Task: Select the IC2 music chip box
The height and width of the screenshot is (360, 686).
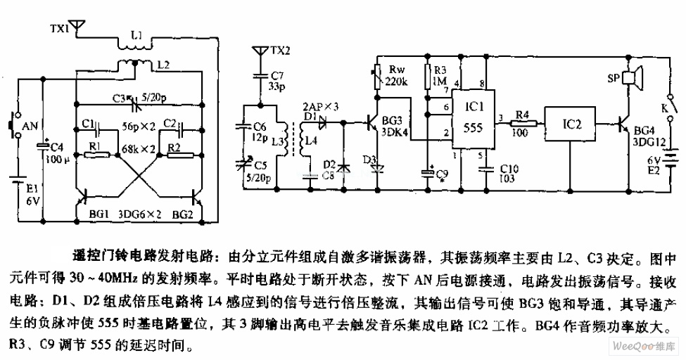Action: click(x=571, y=124)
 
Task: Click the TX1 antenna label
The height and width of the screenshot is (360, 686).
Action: click(x=61, y=29)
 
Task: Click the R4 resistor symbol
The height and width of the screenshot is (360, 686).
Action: click(x=522, y=124)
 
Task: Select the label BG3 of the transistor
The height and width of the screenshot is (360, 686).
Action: click(x=394, y=120)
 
